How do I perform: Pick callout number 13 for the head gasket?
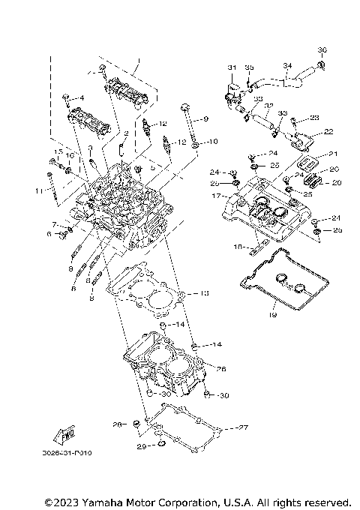click(205, 292)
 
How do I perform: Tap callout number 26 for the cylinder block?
click(221, 368)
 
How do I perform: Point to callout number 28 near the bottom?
click(117, 424)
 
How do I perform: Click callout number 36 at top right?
click(322, 51)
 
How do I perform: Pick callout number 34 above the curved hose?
click(286, 65)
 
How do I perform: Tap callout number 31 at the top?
click(232, 67)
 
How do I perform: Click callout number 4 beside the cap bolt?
click(82, 98)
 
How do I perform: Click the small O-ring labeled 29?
click(159, 448)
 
